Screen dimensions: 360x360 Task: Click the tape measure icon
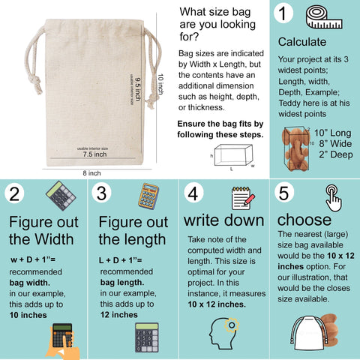coord(324,17)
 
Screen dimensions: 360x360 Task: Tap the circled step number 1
coord(283,13)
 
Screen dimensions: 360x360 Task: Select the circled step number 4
coord(193,193)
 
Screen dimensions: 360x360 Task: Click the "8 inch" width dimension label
coord(91,173)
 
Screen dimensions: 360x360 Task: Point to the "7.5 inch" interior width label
coord(94,154)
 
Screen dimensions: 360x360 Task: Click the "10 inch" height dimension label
coord(160,84)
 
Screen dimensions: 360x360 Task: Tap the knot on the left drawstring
coord(36,82)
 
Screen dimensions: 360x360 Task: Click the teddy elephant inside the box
coord(296,149)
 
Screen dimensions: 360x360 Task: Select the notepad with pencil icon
coord(243,198)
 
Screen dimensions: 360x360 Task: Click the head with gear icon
coord(224,334)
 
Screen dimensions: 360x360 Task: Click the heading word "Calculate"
coord(302,42)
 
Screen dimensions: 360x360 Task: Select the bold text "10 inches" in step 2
coord(28,315)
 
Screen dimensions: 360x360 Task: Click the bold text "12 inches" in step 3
coord(119,315)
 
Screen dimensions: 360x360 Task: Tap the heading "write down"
coord(224,220)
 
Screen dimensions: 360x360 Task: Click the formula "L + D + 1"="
coord(121,260)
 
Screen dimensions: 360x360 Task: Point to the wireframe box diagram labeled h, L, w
coord(233,155)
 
